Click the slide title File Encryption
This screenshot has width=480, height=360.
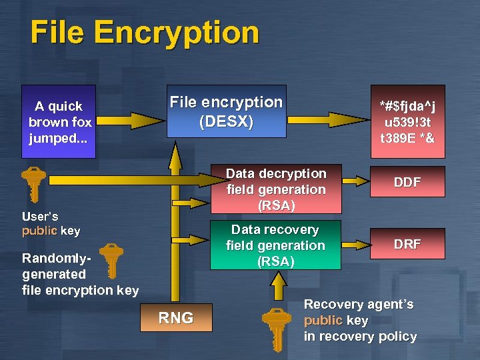(145, 33)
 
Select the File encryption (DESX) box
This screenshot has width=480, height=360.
(226, 111)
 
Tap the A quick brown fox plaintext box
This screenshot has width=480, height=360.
(59, 121)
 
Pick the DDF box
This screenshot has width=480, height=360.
(407, 181)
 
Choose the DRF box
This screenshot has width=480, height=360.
(407, 243)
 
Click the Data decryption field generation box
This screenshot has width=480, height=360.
(275, 189)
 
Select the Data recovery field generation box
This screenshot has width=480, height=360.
(275, 245)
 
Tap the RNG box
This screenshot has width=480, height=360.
(176, 318)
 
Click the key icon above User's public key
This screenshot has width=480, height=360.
(33, 183)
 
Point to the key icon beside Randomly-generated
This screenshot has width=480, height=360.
(111, 261)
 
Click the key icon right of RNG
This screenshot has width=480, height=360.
(276, 327)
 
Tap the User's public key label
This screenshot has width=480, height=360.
(51, 223)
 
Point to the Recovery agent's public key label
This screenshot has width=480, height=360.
(360, 320)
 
